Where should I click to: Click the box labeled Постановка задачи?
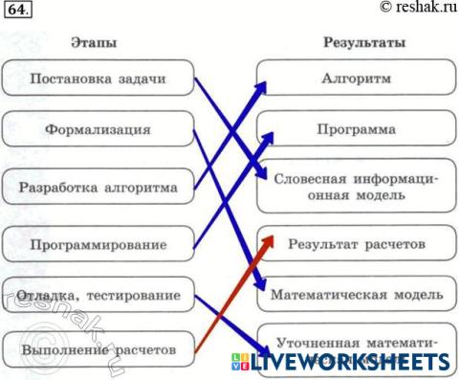pos(98,78)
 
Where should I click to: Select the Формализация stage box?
pos(98,127)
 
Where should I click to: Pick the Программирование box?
pos(98,245)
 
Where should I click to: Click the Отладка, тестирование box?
pos(98,293)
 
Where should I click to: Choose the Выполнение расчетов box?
pos(98,349)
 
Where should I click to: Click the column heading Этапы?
pos(93,43)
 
